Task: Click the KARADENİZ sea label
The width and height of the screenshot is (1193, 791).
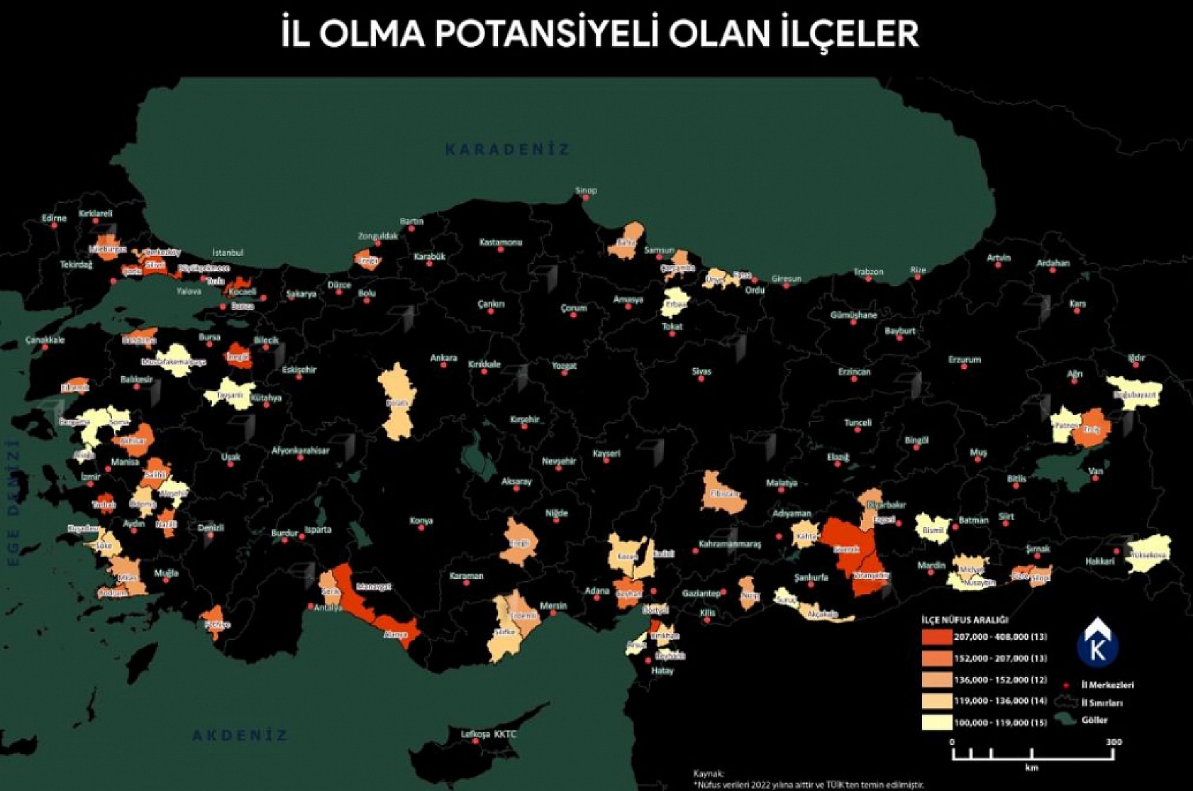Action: point(507,150)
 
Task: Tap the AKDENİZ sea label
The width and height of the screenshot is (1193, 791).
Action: point(240,736)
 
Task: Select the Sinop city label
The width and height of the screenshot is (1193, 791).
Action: point(586,190)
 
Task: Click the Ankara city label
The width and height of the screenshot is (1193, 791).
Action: point(443,358)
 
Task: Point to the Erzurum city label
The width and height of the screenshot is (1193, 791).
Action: point(964,360)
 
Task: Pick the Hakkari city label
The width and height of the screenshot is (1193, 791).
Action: point(1099,561)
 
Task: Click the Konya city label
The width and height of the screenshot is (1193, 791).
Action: point(421,521)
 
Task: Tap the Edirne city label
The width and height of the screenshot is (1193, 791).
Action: point(54,218)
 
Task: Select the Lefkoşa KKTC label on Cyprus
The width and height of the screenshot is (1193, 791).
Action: point(489,734)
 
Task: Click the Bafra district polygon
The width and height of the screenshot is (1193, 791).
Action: point(627,241)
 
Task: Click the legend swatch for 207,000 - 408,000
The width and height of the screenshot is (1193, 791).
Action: point(936,637)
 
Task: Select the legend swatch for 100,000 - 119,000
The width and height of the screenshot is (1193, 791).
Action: point(936,722)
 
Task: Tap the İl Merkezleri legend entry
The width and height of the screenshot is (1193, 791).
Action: point(1106,685)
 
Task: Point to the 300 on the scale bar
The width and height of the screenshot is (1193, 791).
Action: point(1114,742)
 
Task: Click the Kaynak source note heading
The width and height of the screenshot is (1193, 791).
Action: point(708,773)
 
